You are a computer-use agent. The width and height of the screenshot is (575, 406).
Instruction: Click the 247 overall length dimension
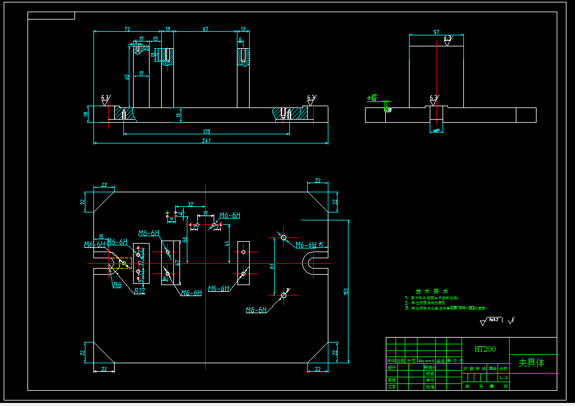point(206,141)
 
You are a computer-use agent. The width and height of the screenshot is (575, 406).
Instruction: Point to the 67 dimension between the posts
point(205,29)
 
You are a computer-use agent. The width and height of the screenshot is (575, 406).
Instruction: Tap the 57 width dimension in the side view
point(436,31)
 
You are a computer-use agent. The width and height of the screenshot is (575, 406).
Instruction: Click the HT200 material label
point(485,349)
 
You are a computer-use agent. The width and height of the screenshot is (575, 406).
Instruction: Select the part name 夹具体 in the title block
point(530,363)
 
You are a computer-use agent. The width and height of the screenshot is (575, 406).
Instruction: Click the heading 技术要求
point(432,291)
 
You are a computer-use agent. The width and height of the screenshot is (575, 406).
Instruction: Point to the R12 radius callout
point(139,291)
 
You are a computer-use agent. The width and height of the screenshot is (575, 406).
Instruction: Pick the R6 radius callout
point(117,285)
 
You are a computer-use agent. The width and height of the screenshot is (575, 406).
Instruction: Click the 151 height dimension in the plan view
point(345,291)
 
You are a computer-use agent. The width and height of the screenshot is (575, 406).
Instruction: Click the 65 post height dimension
point(126,77)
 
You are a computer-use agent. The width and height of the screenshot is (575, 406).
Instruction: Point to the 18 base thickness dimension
point(86,114)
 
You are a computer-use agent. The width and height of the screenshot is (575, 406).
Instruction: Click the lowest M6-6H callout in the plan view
point(256,310)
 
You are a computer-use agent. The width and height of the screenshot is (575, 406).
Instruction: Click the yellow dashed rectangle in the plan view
point(124,263)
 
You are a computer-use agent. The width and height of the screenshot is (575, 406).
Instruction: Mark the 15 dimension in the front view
point(178,114)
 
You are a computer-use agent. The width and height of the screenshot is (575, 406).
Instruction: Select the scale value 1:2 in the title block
point(504,378)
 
